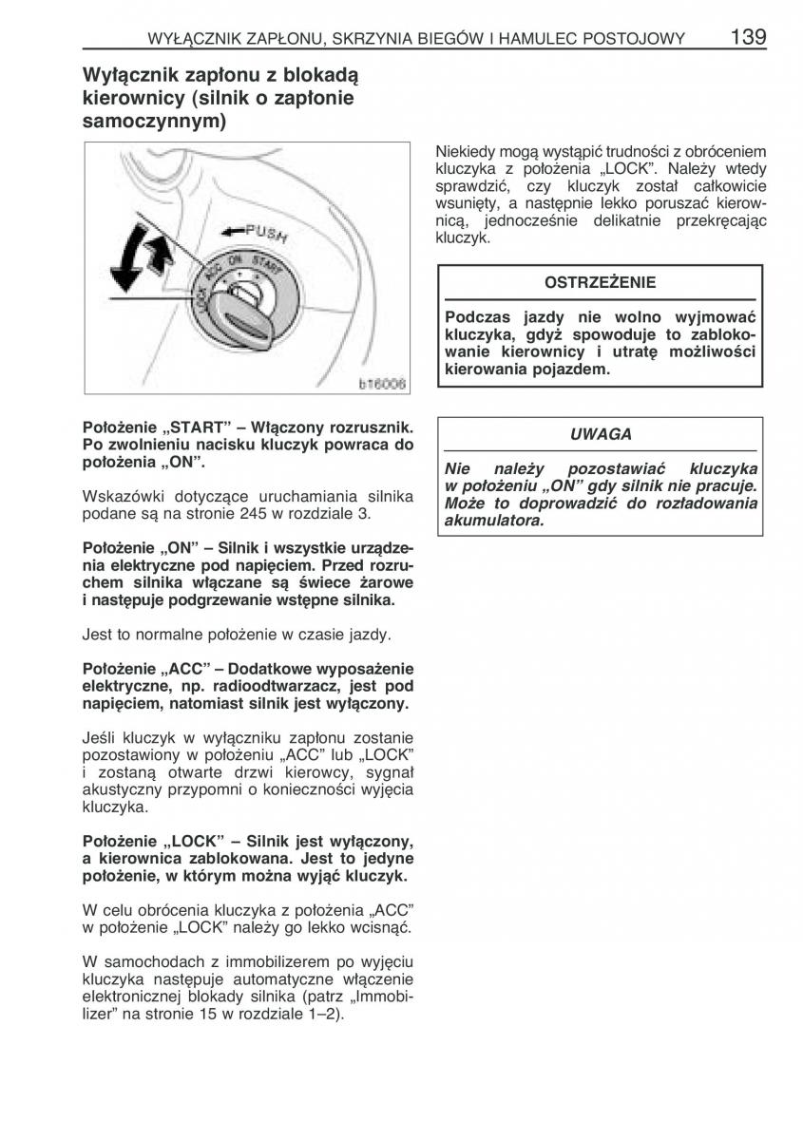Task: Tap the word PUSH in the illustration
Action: tap(266, 233)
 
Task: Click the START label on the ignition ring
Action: tap(269, 267)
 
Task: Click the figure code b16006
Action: tap(382, 385)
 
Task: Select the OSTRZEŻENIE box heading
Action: tap(600, 282)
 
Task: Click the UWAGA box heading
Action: tap(601, 434)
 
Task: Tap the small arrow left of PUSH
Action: tap(231, 231)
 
